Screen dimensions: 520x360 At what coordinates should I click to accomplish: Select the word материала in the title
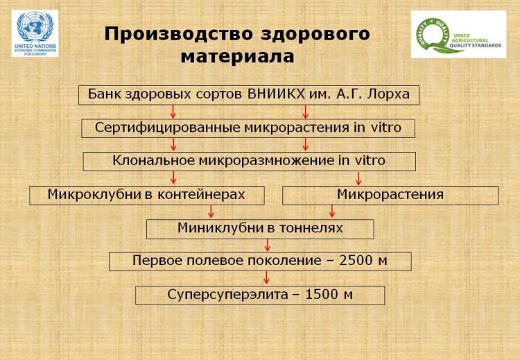pos(237,56)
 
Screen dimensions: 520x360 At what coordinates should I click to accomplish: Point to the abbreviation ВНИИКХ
pos(276,94)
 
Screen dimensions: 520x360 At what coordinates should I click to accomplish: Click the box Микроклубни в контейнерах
pos(147,196)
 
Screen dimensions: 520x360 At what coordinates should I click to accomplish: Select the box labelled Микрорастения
pos(390,196)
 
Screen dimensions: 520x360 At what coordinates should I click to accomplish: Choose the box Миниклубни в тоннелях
pos(260,229)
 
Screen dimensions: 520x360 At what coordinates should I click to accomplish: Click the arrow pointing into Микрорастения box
pos(358,178)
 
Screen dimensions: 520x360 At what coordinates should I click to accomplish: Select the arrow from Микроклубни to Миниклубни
pos(211,212)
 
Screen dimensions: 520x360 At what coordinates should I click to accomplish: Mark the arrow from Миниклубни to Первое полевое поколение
pos(268,245)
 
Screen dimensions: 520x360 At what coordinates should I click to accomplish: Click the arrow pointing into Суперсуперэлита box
pos(266,277)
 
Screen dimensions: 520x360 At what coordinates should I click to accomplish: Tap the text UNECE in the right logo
pos(462,35)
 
